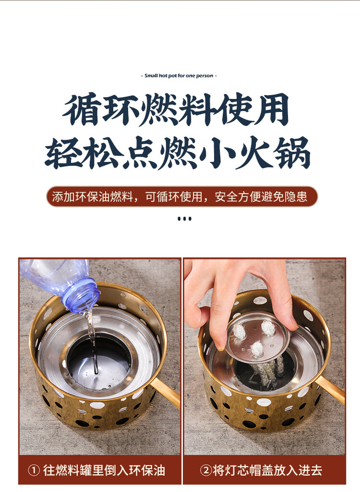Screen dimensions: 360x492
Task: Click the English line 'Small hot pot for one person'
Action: (179, 75)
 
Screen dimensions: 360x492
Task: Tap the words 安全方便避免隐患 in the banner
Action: (261, 197)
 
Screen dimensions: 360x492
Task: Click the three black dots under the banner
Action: (184, 219)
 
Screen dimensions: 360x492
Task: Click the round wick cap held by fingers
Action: (258, 337)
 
